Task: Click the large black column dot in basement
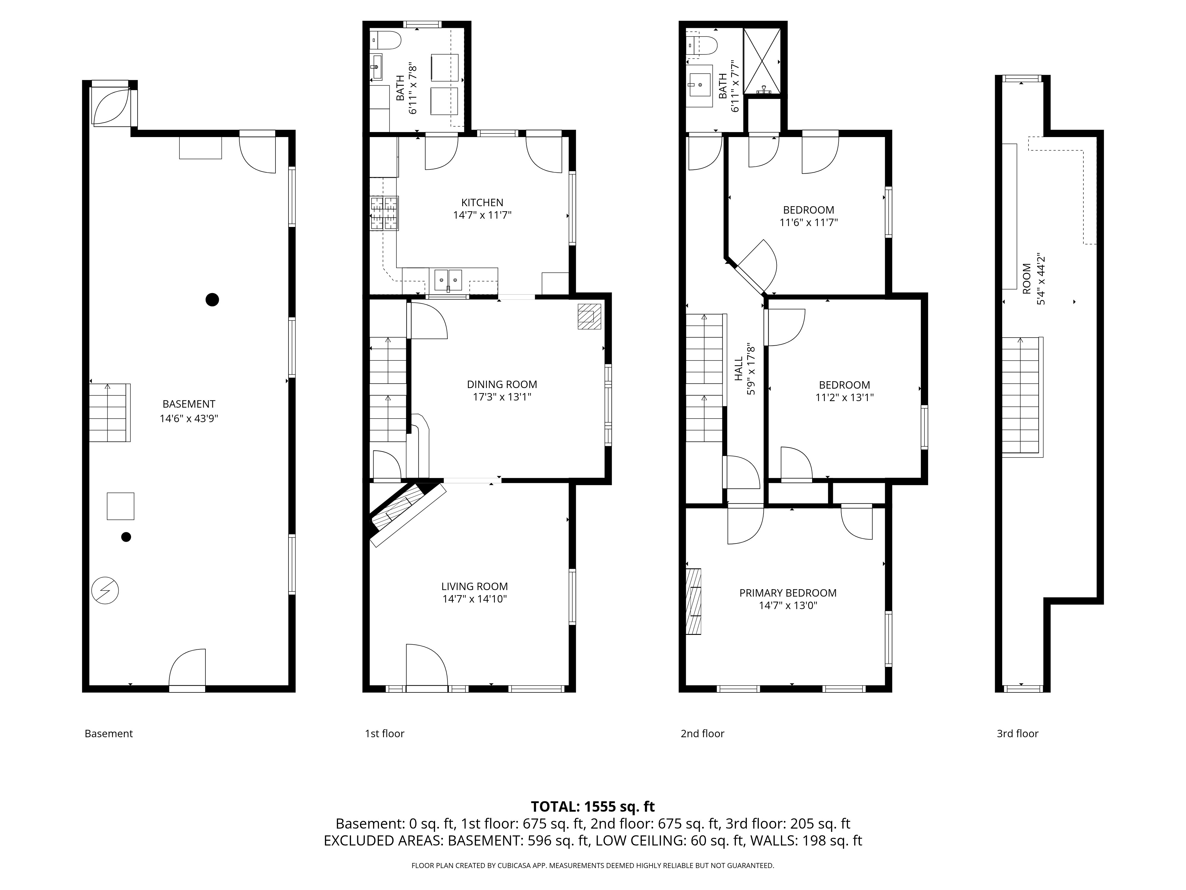212,300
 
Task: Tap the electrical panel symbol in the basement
105,591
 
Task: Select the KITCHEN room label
482,202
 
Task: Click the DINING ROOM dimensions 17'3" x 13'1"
502,397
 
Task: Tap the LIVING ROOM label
474,586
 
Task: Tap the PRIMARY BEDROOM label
787,593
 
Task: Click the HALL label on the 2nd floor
738,369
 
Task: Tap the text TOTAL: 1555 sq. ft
592,806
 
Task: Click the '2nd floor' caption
702,733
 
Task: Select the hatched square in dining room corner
589,317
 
